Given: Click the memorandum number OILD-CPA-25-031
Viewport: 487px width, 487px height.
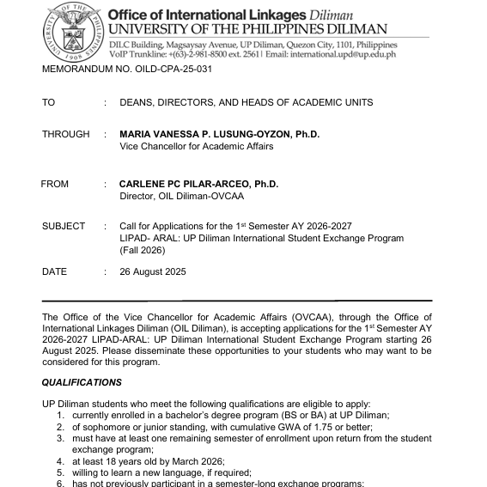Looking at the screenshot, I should [126, 69].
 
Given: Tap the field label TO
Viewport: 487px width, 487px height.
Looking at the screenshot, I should [48, 103].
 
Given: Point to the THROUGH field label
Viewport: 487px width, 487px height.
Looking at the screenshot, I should [65, 135].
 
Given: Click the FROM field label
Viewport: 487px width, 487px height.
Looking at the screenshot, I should [54, 185].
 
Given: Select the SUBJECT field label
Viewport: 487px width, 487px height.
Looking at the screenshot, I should [64, 227].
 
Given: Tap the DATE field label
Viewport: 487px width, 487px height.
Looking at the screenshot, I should [54, 272].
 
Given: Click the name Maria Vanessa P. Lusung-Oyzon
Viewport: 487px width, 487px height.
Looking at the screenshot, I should [219, 135].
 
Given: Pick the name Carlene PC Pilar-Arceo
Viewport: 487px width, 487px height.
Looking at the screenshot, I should [198, 185].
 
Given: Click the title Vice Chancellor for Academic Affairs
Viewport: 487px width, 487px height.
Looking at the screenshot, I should [197, 147].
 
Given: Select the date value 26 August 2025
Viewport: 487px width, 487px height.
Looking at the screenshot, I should [153, 272].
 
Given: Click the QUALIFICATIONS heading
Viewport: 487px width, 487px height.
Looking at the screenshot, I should [82, 383].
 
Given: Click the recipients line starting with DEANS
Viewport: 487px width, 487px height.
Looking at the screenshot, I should [247, 103].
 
